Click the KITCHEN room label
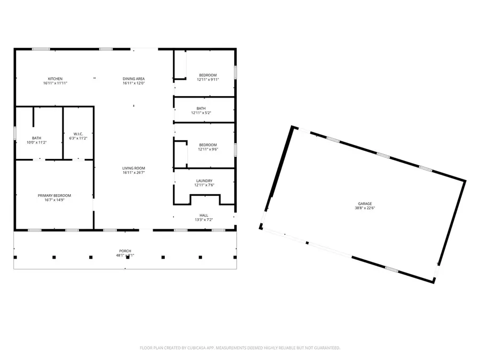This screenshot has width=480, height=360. click(55, 79)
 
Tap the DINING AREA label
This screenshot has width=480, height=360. click(134, 79)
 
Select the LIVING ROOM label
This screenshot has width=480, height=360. click(134, 168)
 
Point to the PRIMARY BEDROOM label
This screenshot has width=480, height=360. click(54, 195)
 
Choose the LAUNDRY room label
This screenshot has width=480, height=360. click(204, 181)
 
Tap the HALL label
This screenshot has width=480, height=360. click(204, 215)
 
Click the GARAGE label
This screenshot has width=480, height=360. click(365, 204)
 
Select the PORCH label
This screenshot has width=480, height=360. click(125, 251)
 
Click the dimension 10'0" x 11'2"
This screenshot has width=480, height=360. click(37, 142)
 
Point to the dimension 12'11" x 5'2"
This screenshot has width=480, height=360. click(202, 113)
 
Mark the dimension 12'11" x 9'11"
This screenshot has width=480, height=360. click(208, 79)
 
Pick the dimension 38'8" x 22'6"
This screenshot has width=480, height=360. click(365, 209)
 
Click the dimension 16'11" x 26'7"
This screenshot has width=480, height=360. click(134, 173)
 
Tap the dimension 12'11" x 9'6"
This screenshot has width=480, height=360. click(208, 149)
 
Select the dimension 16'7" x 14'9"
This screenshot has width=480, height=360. click(54, 200)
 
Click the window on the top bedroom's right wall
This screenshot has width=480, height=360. click(235, 73)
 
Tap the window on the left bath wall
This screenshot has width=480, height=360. click(15, 133)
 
